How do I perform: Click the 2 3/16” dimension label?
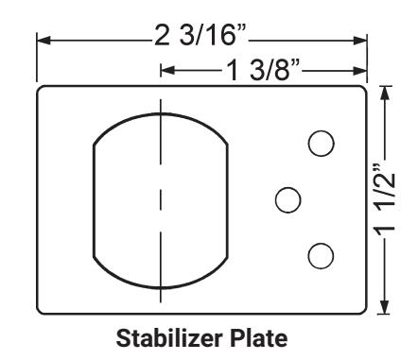201,40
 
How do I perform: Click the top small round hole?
321,143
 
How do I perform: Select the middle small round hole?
287,199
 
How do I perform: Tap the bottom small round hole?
321,255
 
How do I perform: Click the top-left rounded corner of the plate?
42,91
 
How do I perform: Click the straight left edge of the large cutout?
93,199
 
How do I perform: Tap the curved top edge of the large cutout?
161,113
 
